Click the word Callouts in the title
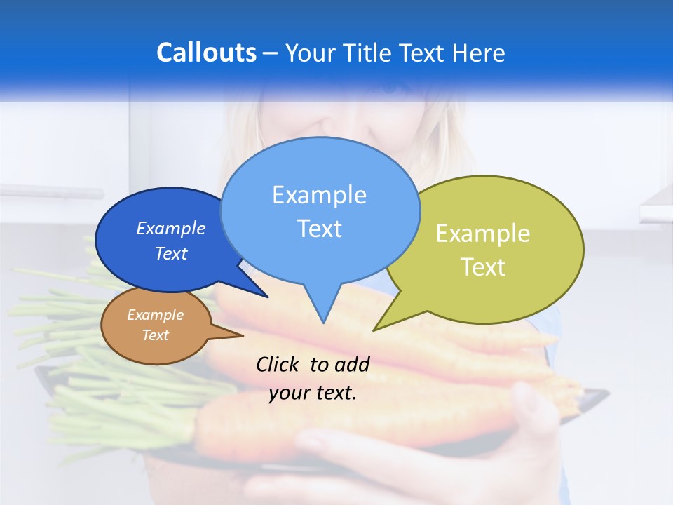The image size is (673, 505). tap(206, 53)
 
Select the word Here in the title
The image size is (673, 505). tap(478, 53)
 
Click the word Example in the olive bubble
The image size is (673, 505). tap(483, 234)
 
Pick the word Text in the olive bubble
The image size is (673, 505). tap(483, 267)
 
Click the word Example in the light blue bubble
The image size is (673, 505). tap(319, 195)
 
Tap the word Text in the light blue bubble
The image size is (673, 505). tap(319, 229)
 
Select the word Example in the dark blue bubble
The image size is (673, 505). tap(171, 228)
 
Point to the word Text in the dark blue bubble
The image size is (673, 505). tap(171, 253)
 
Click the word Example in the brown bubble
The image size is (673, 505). tap(155, 315)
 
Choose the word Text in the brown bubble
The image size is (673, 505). tap(155, 335)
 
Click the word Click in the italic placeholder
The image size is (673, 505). tap(278, 364)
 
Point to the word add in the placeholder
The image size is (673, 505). tap(352, 364)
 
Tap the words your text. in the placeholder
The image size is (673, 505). tap(313, 393)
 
